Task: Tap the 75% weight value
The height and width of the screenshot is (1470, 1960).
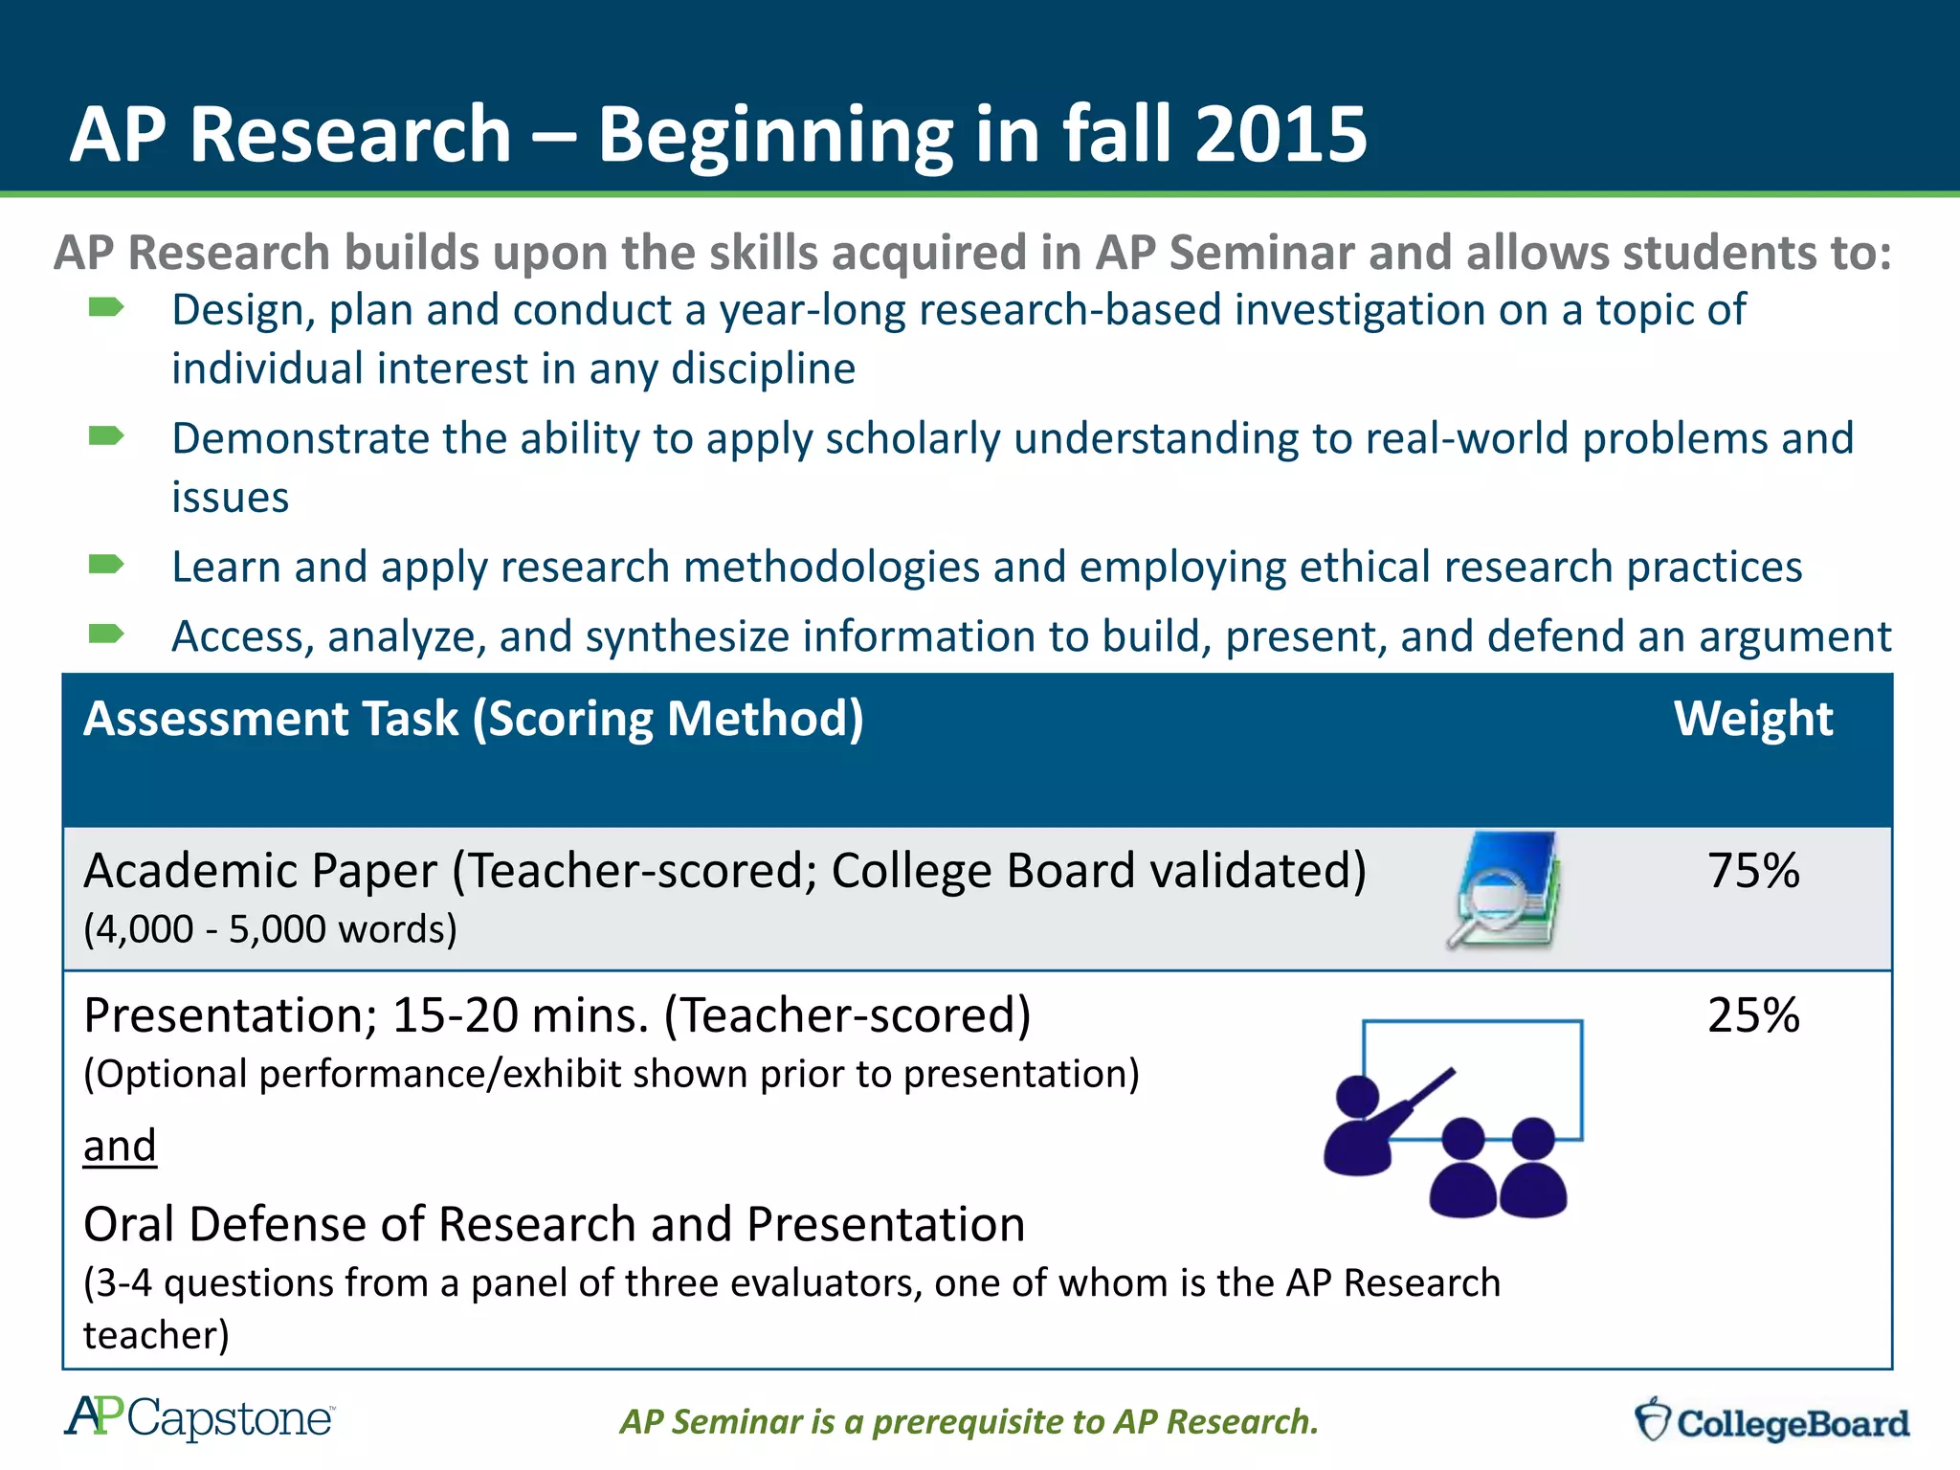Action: pos(1753,871)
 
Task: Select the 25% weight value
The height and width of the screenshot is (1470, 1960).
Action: pos(1753,1015)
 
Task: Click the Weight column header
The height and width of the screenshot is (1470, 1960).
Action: pos(1752,719)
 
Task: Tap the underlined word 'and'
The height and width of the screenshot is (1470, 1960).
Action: pos(120,1146)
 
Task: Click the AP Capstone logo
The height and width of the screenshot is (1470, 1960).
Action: pos(199,1418)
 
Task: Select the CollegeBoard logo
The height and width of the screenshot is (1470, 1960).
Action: pos(1771,1421)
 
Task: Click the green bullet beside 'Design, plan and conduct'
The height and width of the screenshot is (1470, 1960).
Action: pos(105,307)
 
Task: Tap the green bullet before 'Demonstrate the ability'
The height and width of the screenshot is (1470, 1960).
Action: pos(105,436)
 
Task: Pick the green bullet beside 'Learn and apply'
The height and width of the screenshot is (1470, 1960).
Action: pos(105,565)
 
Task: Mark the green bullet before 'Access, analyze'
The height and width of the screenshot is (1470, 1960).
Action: pos(105,634)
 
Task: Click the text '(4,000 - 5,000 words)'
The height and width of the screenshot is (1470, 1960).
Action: pos(270,929)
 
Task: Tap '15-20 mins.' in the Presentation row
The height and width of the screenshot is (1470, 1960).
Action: pos(521,1015)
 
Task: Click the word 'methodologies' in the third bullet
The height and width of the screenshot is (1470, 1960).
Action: pos(831,568)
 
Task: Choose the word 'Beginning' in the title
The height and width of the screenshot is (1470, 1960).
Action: pos(775,136)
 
